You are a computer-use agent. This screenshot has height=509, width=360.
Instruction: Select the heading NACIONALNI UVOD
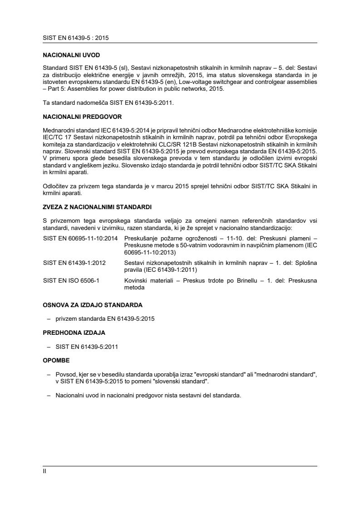[x=71, y=55]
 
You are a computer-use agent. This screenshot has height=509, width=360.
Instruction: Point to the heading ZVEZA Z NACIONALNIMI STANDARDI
[x=97, y=207]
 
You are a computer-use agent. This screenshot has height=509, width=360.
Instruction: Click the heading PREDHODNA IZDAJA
[x=74, y=333]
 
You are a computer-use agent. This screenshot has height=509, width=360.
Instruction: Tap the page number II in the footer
[x=44, y=471]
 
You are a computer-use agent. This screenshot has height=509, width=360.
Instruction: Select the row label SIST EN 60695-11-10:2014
[x=80, y=238]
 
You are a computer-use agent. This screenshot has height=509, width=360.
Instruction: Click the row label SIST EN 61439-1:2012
[x=74, y=263]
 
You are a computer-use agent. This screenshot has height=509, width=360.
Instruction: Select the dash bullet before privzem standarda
[x=48, y=319]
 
